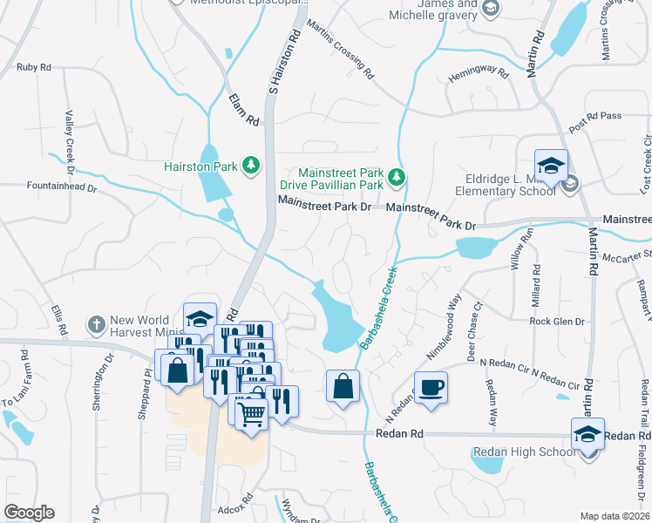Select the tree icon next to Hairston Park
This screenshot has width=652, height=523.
coord(252,165)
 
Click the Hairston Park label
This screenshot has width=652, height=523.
coord(203,166)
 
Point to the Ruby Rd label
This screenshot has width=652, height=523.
coord(34,66)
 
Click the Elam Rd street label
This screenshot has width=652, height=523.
coord(245,108)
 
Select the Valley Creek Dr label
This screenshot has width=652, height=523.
coord(69,137)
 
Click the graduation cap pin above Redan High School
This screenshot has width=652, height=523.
coord(587,433)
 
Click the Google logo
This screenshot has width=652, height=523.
coord(29,512)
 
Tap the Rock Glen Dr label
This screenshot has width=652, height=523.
coord(556,322)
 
